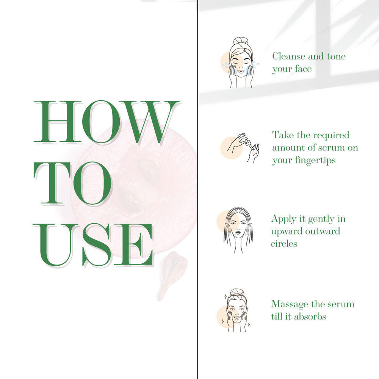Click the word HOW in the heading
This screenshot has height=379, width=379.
pos(106,122)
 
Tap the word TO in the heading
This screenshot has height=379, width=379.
pos(72,183)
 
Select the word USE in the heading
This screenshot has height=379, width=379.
pos(93,245)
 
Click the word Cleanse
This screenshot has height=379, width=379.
pos(289,56)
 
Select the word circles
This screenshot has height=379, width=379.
pos(284,243)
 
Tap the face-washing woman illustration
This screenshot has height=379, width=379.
pos(240,63)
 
